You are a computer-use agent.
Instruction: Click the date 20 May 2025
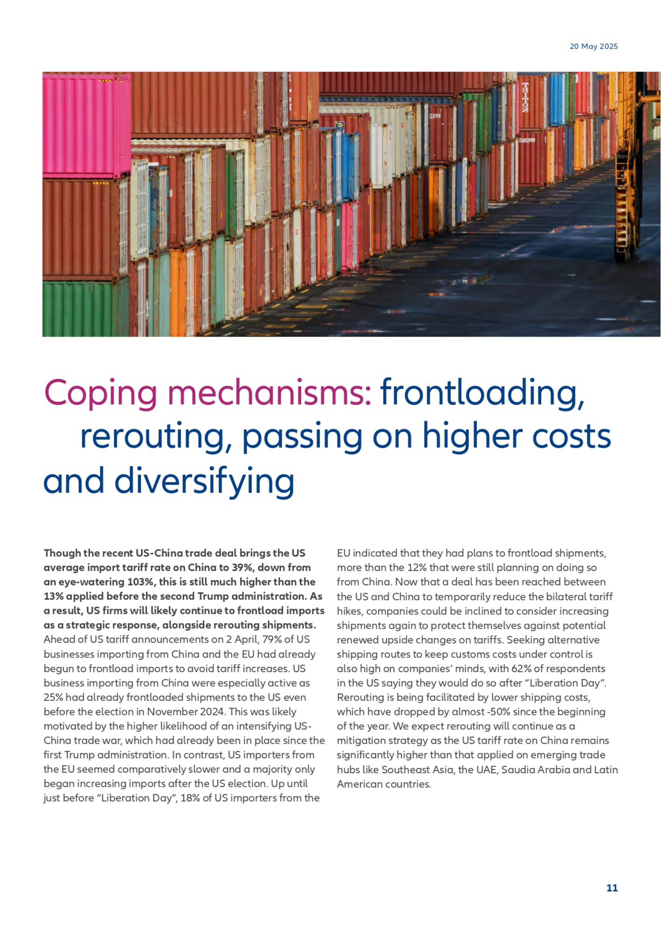point(593,46)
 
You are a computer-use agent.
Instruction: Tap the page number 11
point(612,888)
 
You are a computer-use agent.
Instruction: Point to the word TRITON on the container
point(525,98)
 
